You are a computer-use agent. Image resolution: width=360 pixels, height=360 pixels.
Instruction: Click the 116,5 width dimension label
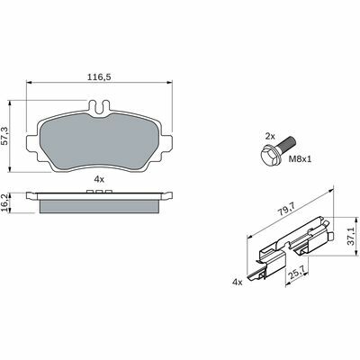(x=99, y=77)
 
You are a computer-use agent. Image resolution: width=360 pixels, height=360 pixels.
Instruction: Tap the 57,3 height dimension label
(x=5, y=136)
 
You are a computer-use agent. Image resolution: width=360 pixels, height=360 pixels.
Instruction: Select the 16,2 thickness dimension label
(x=4, y=202)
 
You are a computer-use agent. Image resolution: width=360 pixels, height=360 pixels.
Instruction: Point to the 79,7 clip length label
(x=285, y=209)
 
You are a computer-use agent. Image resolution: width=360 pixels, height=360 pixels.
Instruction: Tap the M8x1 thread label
(x=300, y=159)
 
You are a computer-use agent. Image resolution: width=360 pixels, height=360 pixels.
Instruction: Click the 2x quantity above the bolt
(x=270, y=137)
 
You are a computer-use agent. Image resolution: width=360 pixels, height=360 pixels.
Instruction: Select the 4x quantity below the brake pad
(x=99, y=179)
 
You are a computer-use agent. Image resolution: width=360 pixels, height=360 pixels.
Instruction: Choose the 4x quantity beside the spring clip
(x=238, y=282)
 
